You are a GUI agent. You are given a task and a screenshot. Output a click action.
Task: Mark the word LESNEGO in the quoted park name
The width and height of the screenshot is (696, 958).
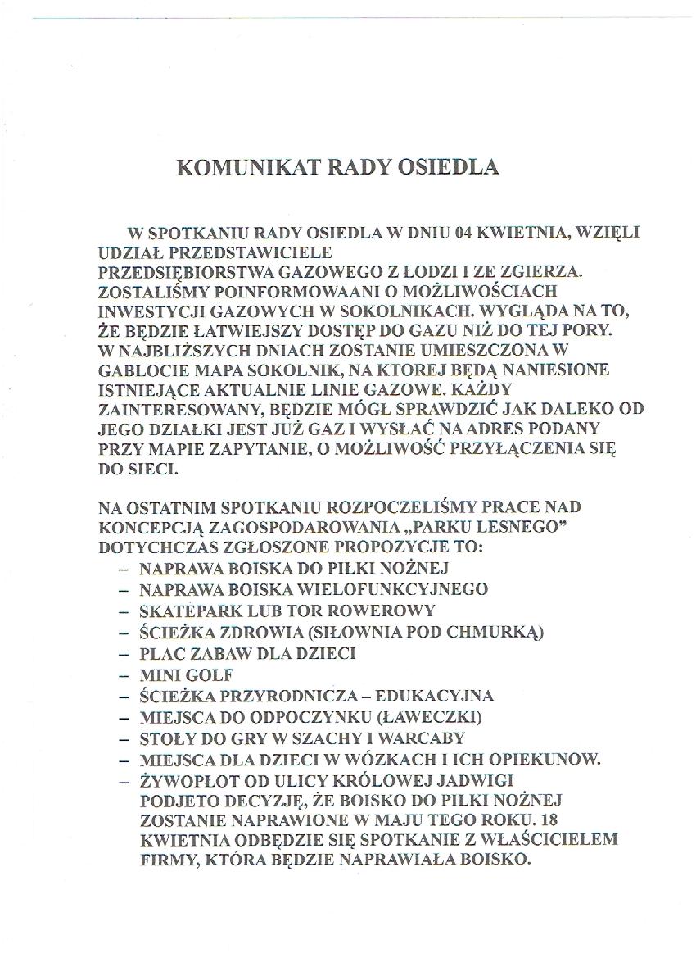tap(527, 526)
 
